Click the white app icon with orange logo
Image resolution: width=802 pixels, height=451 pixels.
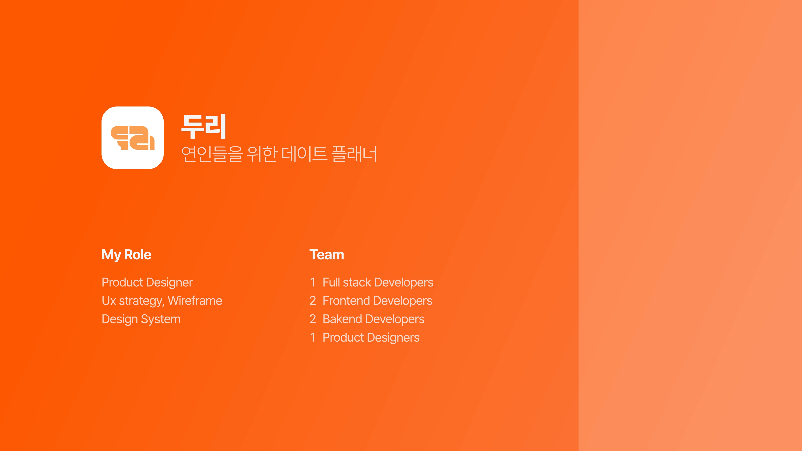[133, 138]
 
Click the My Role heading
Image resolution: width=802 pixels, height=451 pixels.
[126, 255]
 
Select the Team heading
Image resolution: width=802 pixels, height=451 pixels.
[327, 255]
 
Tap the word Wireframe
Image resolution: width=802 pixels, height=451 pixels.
[195, 301]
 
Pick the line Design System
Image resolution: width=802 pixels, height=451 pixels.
[141, 319]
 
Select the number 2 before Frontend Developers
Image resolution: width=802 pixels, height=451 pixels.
[313, 301]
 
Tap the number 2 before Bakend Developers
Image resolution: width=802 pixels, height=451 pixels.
[313, 319]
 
